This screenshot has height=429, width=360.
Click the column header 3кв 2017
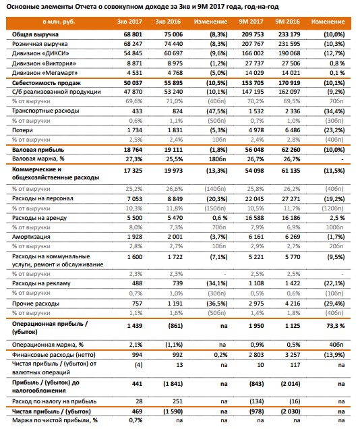(x=129, y=22)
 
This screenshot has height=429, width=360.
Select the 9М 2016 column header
(x=287, y=22)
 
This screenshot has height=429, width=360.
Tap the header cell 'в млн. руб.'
(x=59, y=22)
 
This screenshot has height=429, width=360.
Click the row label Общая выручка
(x=35, y=34)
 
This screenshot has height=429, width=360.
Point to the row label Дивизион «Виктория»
(x=44, y=63)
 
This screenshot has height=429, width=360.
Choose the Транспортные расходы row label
(x=46, y=111)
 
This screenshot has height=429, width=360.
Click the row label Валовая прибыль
(x=38, y=150)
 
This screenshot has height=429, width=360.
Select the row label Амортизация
(x=31, y=237)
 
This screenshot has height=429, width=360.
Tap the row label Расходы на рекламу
(x=41, y=283)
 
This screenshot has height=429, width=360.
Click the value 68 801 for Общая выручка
(x=133, y=34)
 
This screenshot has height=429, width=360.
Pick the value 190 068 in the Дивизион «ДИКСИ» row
(x=289, y=53)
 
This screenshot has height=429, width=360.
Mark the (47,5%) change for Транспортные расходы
(x=217, y=111)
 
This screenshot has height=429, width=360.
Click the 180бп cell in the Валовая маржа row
(x=218, y=159)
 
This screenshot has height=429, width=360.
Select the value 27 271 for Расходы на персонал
(x=291, y=199)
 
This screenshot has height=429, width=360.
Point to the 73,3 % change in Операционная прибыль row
(x=336, y=326)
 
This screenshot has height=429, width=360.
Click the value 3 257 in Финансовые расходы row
(x=292, y=355)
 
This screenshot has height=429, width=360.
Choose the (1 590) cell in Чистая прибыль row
(x=173, y=411)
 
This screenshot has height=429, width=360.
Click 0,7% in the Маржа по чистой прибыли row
(x=136, y=420)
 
